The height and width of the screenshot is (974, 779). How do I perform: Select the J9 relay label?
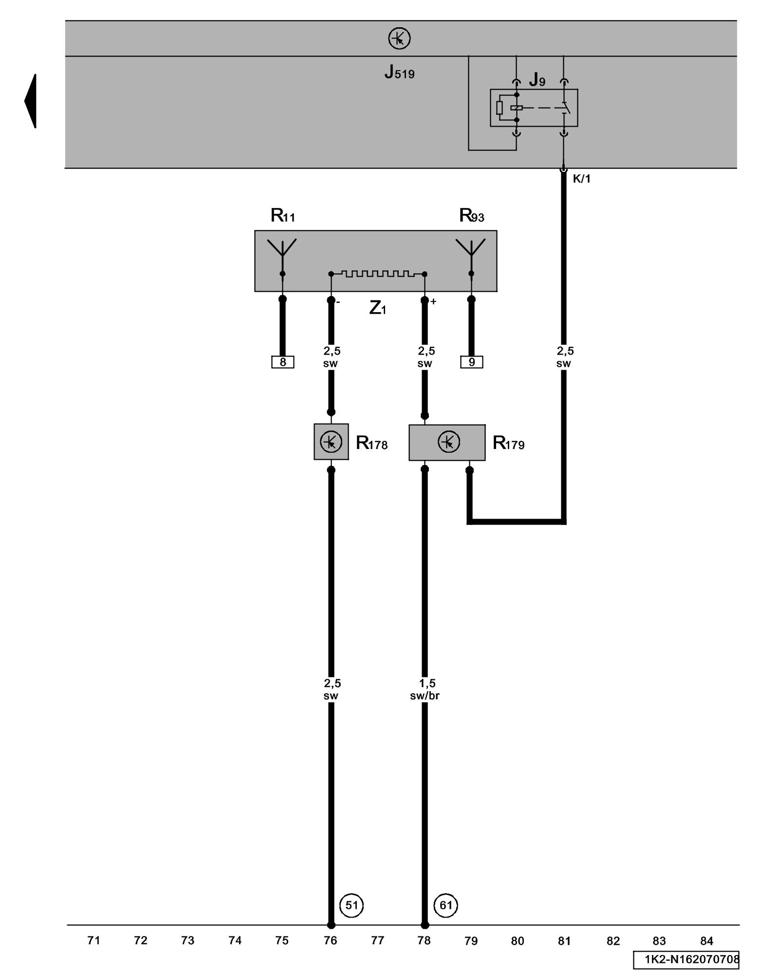(x=537, y=80)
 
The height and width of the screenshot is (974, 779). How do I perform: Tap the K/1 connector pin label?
(x=581, y=179)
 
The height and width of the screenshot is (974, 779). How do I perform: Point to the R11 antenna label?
(x=283, y=215)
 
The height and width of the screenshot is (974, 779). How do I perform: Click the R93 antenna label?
(x=472, y=215)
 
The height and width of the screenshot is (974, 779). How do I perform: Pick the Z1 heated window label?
(x=378, y=308)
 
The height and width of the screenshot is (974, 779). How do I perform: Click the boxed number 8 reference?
(x=283, y=362)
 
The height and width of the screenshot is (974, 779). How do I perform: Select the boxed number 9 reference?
(x=472, y=362)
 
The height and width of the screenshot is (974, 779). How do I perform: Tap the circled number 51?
(x=352, y=905)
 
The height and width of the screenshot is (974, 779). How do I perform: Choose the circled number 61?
(x=446, y=905)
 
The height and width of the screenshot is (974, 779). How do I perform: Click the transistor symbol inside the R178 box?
(x=331, y=442)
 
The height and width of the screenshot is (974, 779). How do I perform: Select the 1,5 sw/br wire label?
(x=425, y=690)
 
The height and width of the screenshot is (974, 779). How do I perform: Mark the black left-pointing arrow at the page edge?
(x=31, y=101)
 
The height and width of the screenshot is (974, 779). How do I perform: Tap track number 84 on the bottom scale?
(x=706, y=941)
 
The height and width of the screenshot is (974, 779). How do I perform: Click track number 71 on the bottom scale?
(x=93, y=940)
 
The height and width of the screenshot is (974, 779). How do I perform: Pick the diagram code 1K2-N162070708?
(x=691, y=959)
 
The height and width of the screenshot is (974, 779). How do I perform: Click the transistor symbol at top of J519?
(x=399, y=38)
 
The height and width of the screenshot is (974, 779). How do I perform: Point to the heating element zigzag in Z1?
(x=378, y=274)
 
